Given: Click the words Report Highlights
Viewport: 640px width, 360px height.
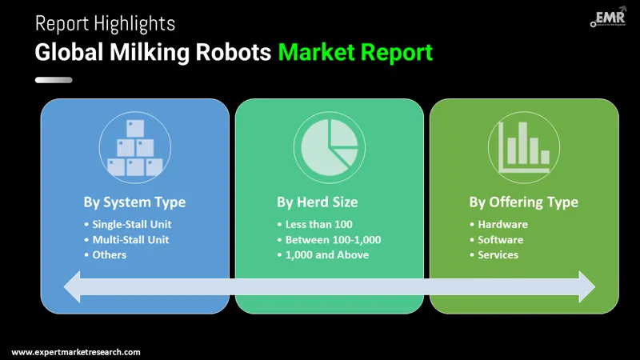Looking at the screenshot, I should pyautogui.click(x=105, y=23).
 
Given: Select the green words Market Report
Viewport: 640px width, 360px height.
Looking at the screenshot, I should pyautogui.click(x=355, y=53).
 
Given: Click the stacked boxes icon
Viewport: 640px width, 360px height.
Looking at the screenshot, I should pyautogui.click(x=135, y=148).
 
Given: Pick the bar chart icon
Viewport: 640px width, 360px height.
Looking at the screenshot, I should pyautogui.click(x=523, y=148).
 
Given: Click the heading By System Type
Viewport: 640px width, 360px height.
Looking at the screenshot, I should pyautogui.click(x=134, y=202).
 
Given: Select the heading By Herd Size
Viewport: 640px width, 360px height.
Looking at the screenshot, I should pyautogui.click(x=329, y=202).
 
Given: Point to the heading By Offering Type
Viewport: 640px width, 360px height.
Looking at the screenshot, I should pyautogui.click(x=523, y=202).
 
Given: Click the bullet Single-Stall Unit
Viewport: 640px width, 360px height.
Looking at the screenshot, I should pyautogui.click(x=131, y=224).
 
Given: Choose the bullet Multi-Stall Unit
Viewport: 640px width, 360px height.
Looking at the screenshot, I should pyautogui.click(x=130, y=239).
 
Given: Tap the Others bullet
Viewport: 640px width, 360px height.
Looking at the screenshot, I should pyautogui.click(x=109, y=254).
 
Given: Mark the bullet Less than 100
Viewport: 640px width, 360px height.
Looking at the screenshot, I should pyautogui.click(x=318, y=224).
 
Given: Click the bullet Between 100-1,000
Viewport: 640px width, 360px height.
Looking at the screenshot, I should pyautogui.click(x=333, y=239).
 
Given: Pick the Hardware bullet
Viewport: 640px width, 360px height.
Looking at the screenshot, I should pyautogui.click(x=502, y=224).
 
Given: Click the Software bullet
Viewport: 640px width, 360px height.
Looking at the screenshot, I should pyautogui.click(x=501, y=239).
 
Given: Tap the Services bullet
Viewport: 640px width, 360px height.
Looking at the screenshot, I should pyautogui.click(x=498, y=254).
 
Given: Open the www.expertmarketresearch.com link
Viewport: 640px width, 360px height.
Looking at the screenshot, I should pyautogui.click(x=76, y=352).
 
